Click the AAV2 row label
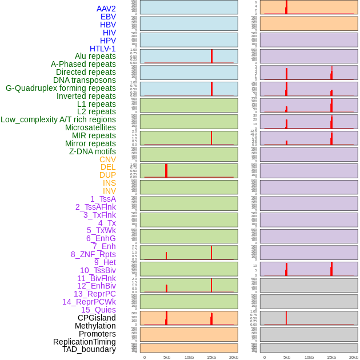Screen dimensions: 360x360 [106, 9]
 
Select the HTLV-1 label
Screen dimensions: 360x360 [103, 49]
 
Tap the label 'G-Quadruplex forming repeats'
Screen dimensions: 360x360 [61, 88]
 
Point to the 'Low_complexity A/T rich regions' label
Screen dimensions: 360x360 [58, 119]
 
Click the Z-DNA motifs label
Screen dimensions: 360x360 [93, 151]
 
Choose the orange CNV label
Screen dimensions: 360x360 [107, 159]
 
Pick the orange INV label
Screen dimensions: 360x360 [109, 191]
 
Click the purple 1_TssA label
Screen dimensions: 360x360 [103, 199]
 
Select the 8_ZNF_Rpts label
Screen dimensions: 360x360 [93, 254]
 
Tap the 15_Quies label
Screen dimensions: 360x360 [98, 310]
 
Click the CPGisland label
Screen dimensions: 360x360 [97, 318]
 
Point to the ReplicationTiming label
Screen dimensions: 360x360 [85, 342]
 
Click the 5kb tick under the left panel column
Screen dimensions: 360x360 [167, 357]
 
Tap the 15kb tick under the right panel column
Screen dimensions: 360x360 [331, 357]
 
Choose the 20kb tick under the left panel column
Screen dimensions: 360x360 [234, 357]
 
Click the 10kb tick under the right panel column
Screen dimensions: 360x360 [309, 357]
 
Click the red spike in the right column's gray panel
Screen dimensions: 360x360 [286, 318]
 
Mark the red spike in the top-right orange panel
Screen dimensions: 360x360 [286, 7]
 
